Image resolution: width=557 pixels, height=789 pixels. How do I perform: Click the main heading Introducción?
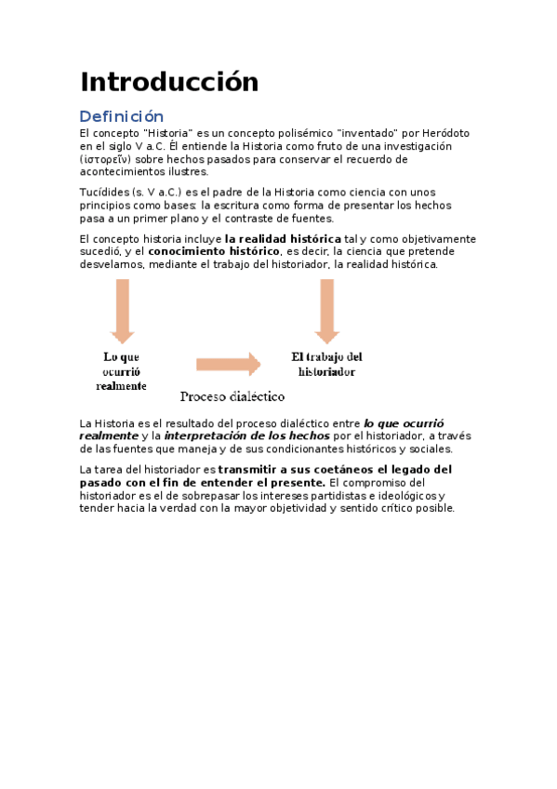tap(168, 82)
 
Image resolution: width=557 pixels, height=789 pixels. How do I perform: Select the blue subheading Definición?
tap(121, 116)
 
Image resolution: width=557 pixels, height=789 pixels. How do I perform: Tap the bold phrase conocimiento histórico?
tap(214, 251)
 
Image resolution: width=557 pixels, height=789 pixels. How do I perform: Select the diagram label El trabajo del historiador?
tap(326, 364)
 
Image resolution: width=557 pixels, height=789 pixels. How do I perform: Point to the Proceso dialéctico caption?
tap(232, 396)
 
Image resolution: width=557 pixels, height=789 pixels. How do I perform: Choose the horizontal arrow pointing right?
tap(228, 364)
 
